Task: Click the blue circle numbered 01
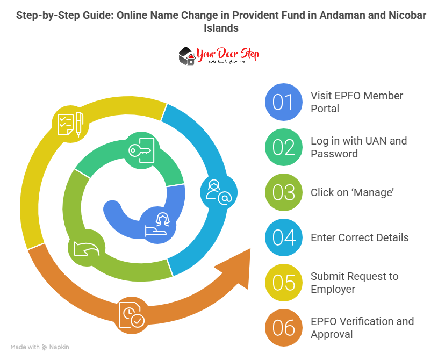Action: click(283, 102)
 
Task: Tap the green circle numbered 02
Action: click(283, 147)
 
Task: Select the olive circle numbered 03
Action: click(283, 192)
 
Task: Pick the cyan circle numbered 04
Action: click(283, 237)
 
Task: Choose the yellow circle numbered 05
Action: click(283, 283)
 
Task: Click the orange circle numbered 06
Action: click(283, 328)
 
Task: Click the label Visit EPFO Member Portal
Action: click(356, 102)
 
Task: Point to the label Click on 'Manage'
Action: click(352, 192)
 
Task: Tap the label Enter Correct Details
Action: click(360, 237)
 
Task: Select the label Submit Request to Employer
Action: click(354, 283)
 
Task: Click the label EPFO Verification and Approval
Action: click(362, 328)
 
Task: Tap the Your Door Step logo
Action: click(219, 56)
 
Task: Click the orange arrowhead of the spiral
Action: click(237, 269)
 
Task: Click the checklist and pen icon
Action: click(70, 123)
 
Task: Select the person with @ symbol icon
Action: click(218, 192)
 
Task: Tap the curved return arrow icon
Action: click(85, 249)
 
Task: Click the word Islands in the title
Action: click(221, 28)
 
